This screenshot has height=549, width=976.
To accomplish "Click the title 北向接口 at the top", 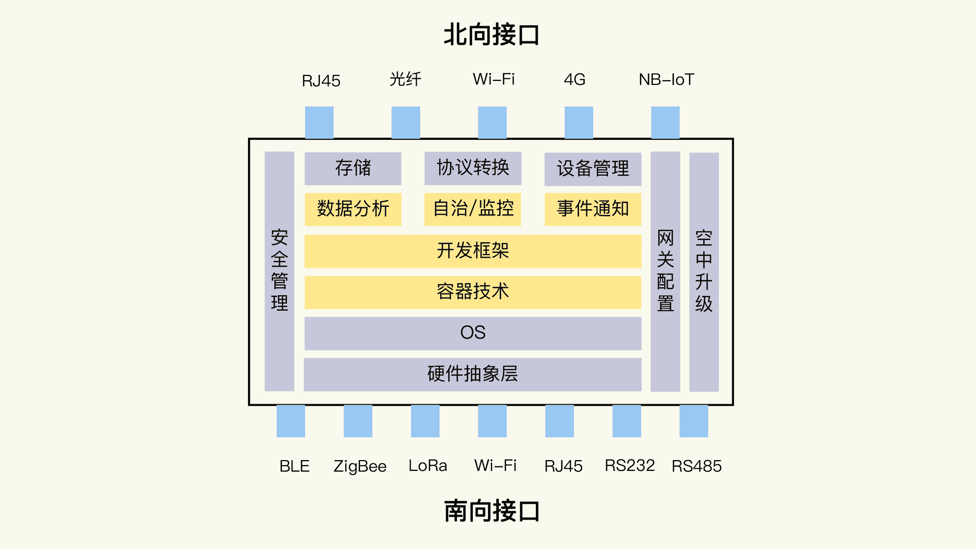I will tap(491, 35).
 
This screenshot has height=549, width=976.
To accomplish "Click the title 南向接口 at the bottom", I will tap(491, 511).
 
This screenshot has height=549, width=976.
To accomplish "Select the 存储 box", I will tap(353, 168).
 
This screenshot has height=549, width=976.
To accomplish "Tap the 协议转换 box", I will tap(472, 168).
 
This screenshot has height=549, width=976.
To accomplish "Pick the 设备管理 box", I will tap(592, 169).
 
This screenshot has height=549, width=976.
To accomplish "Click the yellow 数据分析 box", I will tap(353, 209).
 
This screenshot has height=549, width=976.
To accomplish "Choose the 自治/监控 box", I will tap(472, 209).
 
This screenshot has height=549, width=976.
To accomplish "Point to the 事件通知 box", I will tap(592, 209).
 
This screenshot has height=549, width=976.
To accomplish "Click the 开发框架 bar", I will tap(472, 251).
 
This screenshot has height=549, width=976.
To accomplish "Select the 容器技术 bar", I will tap(472, 292).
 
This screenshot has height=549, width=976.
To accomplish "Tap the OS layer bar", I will tap(472, 333).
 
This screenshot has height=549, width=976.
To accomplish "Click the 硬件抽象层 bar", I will tap(472, 374).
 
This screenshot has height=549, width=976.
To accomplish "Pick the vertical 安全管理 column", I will tap(279, 271).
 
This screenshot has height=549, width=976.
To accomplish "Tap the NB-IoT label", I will tap(666, 80).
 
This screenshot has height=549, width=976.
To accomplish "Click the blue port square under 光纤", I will tap(406, 123).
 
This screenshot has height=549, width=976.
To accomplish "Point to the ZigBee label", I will tap(360, 466).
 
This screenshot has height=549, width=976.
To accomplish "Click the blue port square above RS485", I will tap(693, 421).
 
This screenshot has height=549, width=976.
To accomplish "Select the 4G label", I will tap(574, 80).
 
